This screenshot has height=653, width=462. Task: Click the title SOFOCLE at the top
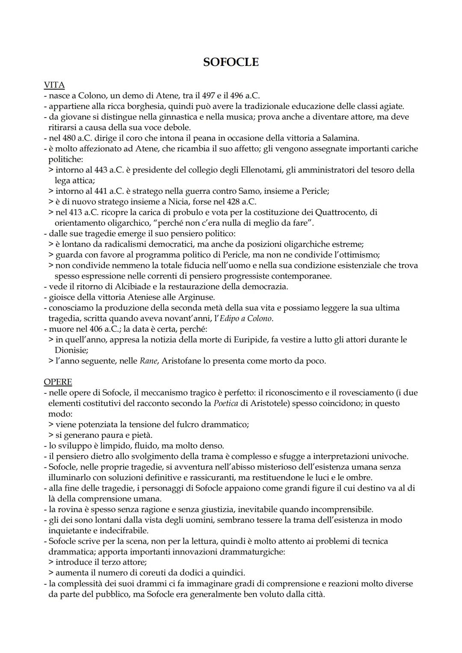[231, 62]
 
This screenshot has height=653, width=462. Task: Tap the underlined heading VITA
[54, 85]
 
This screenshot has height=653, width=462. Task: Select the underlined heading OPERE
[58, 382]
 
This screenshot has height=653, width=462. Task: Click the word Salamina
[341, 138]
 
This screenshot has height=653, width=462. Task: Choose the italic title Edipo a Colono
[246, 319]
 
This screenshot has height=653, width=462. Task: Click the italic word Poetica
[225, 403]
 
